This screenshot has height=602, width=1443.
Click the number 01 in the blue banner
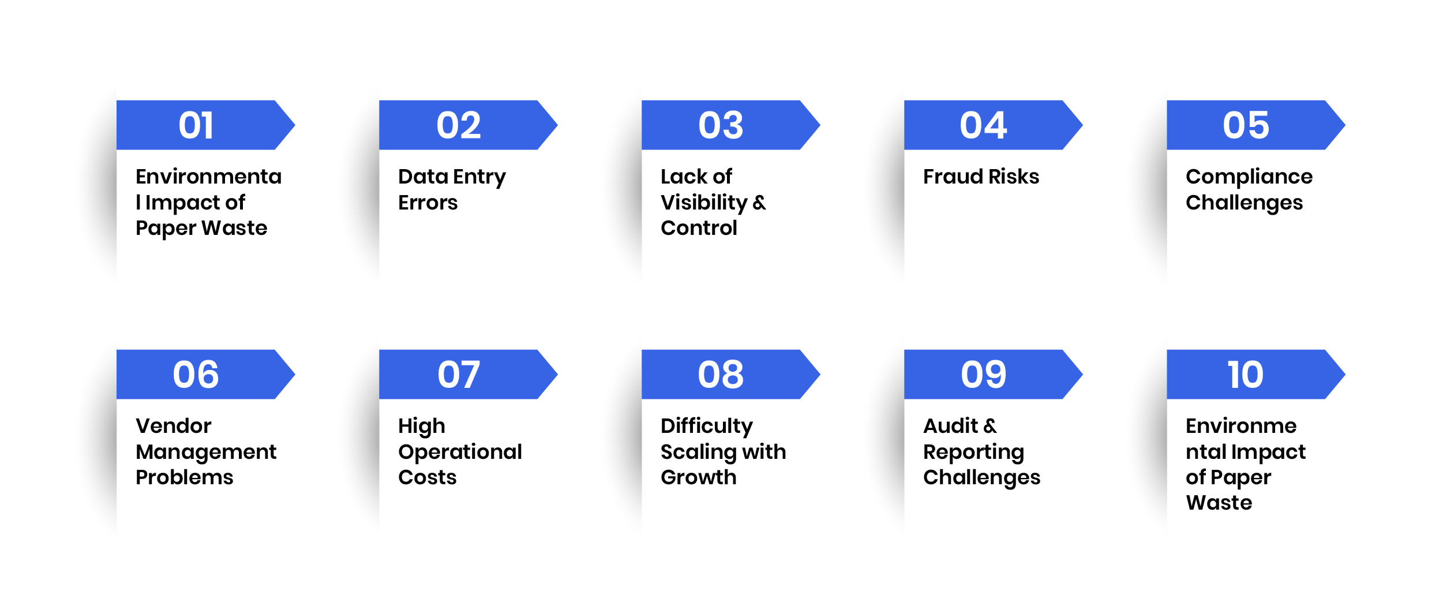196,125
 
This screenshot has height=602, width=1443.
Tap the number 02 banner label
459,125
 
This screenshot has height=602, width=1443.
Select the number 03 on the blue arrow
721,125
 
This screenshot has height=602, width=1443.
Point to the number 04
983,125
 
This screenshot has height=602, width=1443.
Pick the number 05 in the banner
1246,125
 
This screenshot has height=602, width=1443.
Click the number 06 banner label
196,375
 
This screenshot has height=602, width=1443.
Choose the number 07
459,375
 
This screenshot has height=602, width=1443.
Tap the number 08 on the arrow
721,375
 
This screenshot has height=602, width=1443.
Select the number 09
983,375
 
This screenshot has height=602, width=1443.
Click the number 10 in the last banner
1245,375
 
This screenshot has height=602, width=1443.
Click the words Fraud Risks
981,177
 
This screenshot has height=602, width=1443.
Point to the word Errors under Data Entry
428,203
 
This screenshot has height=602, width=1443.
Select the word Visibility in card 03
704,203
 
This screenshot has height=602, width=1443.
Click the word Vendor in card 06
174,426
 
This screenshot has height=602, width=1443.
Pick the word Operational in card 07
460,453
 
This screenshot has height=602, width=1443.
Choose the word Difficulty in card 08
707,427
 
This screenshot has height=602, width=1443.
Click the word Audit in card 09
950,426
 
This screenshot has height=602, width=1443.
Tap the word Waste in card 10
1219,503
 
